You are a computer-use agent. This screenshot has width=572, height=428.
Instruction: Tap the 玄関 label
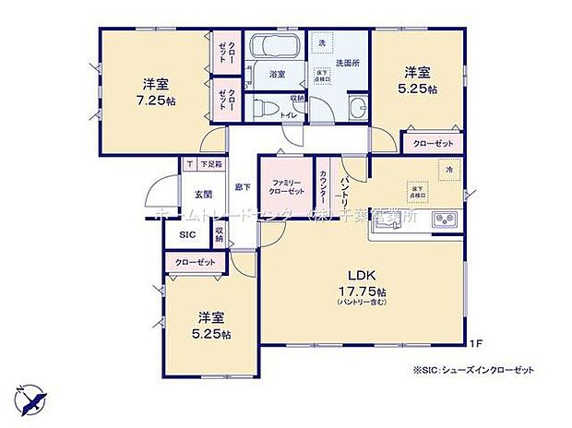pos(203,195)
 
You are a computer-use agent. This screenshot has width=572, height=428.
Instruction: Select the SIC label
pos(187,235)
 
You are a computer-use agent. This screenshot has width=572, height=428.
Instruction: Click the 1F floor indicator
pos(474,345)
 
